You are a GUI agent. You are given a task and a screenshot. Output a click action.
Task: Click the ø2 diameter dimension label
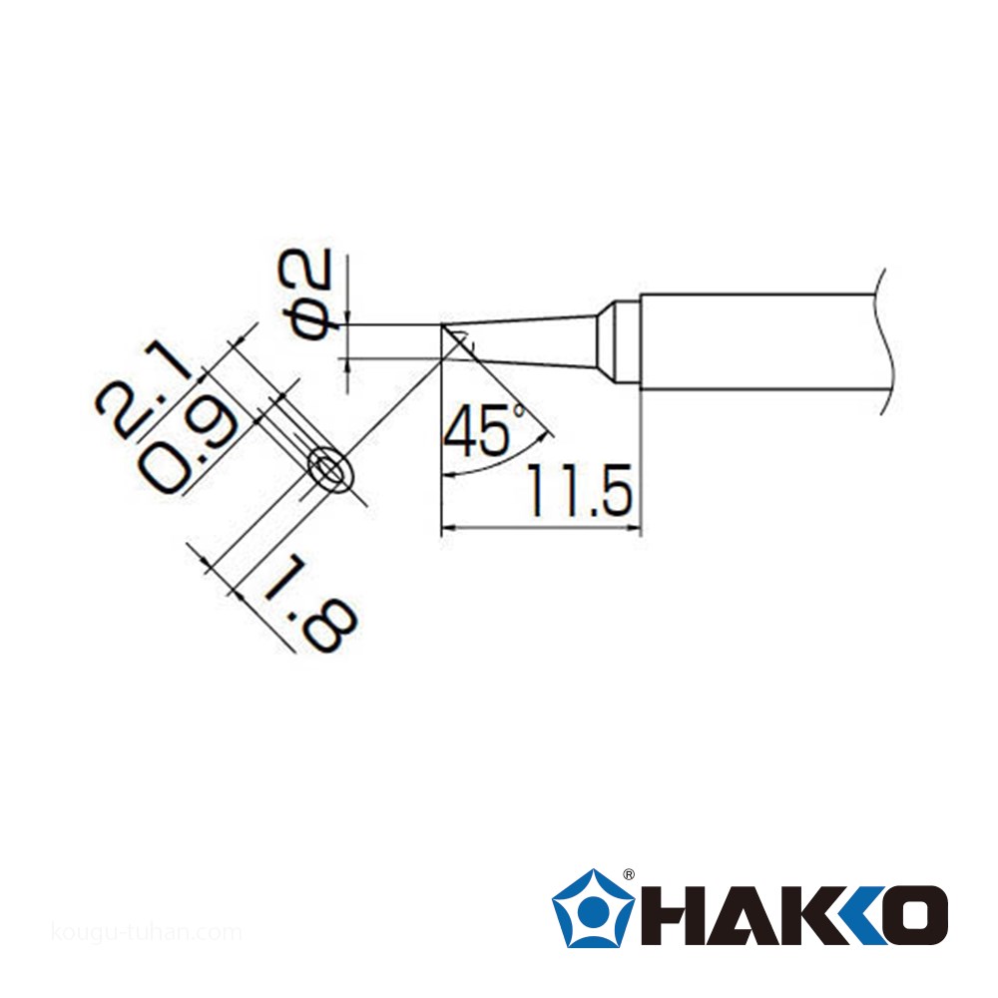(313, 296)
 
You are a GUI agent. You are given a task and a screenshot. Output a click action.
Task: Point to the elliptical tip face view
(331, 470)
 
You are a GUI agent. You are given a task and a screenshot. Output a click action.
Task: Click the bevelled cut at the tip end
(456, 339)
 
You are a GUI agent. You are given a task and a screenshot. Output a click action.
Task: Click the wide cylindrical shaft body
(758, 340)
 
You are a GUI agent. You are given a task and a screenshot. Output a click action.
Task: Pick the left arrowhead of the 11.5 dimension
(448, 528)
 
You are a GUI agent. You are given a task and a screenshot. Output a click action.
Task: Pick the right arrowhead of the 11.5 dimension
(631, 528)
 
